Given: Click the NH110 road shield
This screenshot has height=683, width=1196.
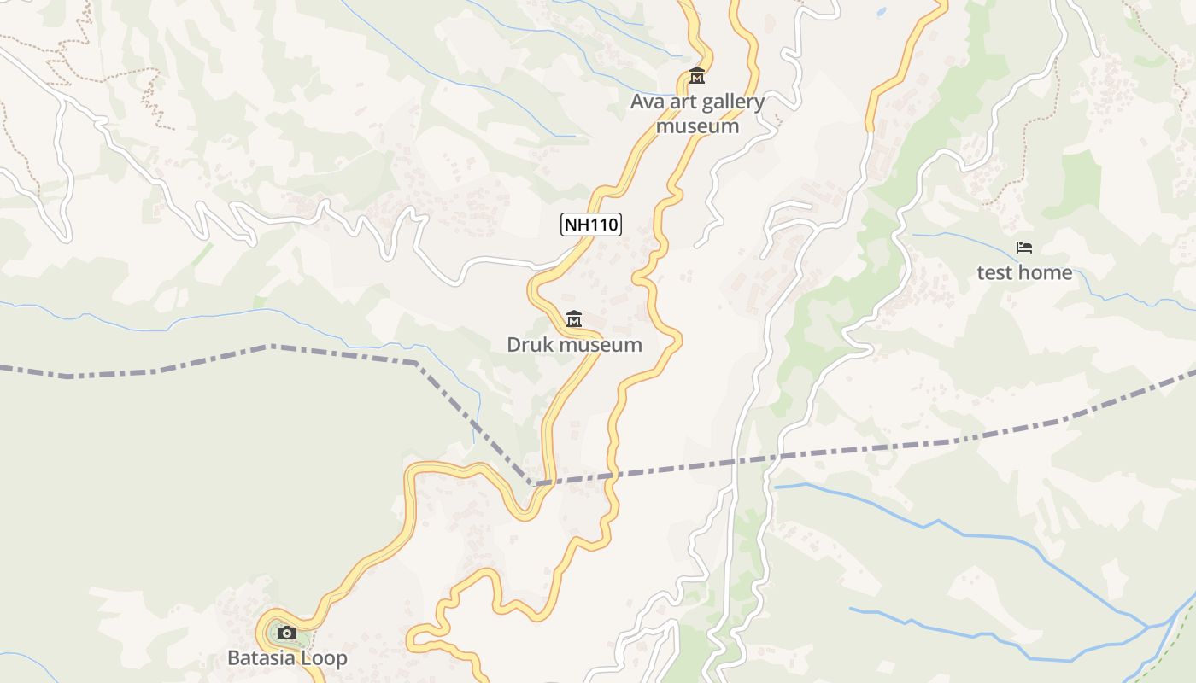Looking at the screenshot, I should (590, 225).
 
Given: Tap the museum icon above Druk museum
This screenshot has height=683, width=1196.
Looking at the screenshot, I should (574, 319).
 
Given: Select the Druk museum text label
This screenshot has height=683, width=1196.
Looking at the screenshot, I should (574, 345).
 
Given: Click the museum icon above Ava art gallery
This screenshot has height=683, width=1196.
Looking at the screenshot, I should (697, 76).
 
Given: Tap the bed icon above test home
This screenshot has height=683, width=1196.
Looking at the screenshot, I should (1024, 248).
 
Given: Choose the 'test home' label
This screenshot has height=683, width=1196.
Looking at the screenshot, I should (1024, 273).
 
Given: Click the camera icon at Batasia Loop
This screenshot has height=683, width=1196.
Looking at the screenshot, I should (287, 633).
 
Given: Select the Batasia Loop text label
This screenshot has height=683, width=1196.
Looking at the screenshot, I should (287, 658).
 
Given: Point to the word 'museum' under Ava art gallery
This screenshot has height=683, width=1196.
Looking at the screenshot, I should (697, 126).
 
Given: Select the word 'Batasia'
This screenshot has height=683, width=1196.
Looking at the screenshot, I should (261, 658).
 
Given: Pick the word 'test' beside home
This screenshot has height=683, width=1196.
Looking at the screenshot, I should (996, 273).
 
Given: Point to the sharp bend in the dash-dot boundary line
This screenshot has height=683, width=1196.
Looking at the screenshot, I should (531, 484).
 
